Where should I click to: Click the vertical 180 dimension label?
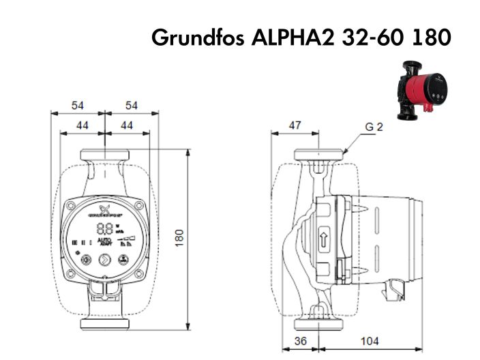tap(180, 237)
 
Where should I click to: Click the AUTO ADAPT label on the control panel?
tap(104, 242)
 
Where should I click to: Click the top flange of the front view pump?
tap(104, 154)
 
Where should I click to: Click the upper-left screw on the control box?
tap(72, 205)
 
